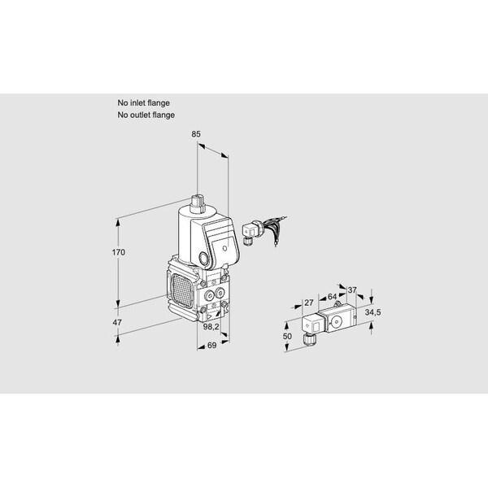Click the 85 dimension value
click(x=196, y=134)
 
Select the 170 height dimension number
click(x=119, y=252)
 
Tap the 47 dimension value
click(x=117, y=322)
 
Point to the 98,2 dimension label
click(x=211, y=326)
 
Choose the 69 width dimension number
click(x=211, y=345)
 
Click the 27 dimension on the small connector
click(x=309, y=303)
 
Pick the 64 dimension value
click(x=332, y=297)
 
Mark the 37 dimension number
click(x=351, y=290)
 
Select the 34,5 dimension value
click(x=373, y=312)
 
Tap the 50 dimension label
click(x=287, y=336)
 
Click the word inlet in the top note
click(x=138, y=103)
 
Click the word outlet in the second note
click(x=141, y=115)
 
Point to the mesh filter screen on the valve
click(x=181, y=289)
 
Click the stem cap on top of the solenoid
click(x=197, y=204)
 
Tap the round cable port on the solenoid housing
click(x=203, y=259)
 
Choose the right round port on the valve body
click(x=220, y=293)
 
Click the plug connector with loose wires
click(x=264, y=231)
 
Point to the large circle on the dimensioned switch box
click(x=336, y=322)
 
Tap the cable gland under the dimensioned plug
click(x=308, y=339)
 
